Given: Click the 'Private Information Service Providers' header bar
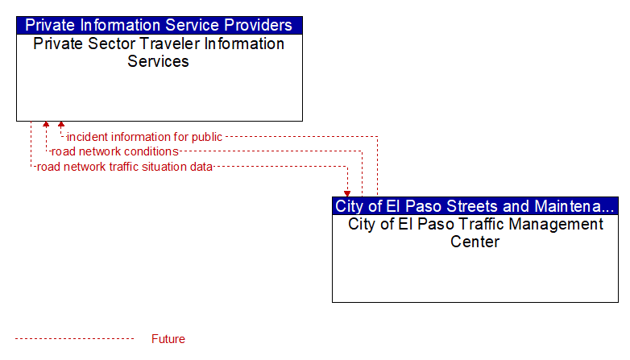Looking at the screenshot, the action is click(159, 25).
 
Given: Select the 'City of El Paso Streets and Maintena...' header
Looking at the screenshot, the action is click(475, 206).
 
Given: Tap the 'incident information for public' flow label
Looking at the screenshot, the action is click(144, 137).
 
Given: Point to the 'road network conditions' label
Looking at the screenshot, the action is click(115, 151).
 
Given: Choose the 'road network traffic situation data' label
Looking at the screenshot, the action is click(125, 167).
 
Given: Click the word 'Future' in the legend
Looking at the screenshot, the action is click(168, 339).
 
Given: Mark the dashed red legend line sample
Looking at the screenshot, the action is click(74, 339).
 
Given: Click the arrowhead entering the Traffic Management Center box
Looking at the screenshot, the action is click(347, 194).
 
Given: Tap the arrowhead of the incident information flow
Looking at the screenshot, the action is click(61, 124).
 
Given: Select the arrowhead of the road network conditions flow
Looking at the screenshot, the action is click(46, 124).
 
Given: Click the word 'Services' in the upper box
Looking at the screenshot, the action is click(158, 61).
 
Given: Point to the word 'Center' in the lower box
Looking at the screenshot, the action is click(475, 242).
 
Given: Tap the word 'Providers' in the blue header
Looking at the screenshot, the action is click(258, 25).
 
